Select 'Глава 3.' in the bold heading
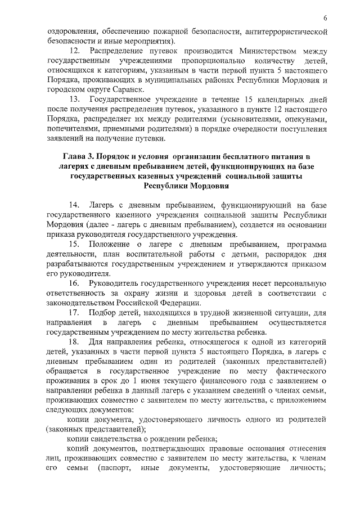[x=79, y=156]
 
